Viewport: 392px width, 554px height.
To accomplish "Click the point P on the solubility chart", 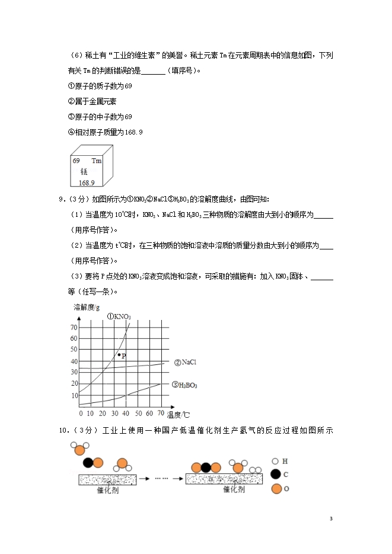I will click(119, 354).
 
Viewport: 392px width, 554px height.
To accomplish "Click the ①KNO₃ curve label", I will click(119, 316).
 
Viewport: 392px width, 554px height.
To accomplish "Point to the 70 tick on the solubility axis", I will click(74, 327).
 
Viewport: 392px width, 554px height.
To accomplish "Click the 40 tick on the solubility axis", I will click(74, 361).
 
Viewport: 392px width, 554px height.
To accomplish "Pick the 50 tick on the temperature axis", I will click(138, 412).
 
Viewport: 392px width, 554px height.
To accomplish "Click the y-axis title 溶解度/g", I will click(87, 307).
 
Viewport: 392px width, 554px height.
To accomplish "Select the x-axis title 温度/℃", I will click(179, 414).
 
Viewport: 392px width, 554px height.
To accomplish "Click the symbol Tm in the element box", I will click(97, 161).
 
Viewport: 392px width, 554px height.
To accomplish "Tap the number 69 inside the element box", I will click(77, 161).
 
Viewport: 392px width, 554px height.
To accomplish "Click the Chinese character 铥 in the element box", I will click(84, 171).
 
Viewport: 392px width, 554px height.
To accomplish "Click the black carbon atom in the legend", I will click(276, 474).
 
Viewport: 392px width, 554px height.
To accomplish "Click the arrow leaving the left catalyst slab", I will click(145, 478).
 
